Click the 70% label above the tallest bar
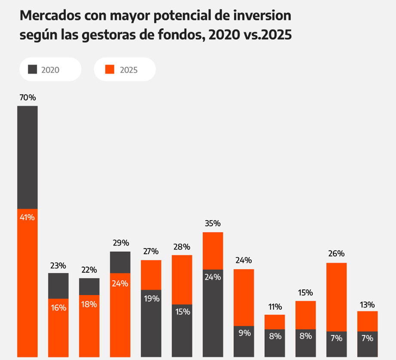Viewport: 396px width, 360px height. coord(28,98)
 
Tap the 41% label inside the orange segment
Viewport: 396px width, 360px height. coord(28,217)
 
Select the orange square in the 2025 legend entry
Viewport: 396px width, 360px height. coord(110,69)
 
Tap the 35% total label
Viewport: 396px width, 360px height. coord(213,223)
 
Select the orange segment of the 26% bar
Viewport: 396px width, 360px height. coord(336,296)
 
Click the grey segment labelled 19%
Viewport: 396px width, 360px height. coord(151,322)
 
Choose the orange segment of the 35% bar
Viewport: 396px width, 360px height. coord(213,250)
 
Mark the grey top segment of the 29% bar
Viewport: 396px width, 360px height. coord(120,262)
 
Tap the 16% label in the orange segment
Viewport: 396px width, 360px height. coord(58,308)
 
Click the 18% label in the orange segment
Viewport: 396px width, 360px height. coord(89,304)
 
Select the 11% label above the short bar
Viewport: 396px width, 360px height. coord(274,307)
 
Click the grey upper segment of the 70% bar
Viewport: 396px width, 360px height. coord(28,157)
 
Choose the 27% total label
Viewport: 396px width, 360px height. coord(151,251)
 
